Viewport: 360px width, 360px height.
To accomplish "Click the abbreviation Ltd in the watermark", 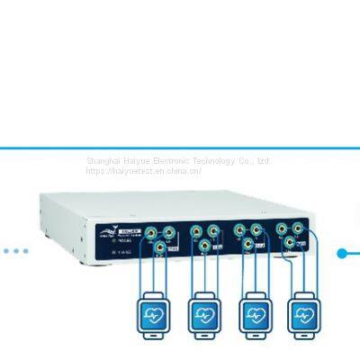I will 263,161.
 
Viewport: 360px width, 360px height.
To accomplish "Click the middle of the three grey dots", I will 15,251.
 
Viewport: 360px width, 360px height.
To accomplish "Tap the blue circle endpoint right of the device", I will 343,253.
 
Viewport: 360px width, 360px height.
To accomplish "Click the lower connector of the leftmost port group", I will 159,246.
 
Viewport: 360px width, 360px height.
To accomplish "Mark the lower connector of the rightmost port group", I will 291,242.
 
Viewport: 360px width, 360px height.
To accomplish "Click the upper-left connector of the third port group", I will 238,230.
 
